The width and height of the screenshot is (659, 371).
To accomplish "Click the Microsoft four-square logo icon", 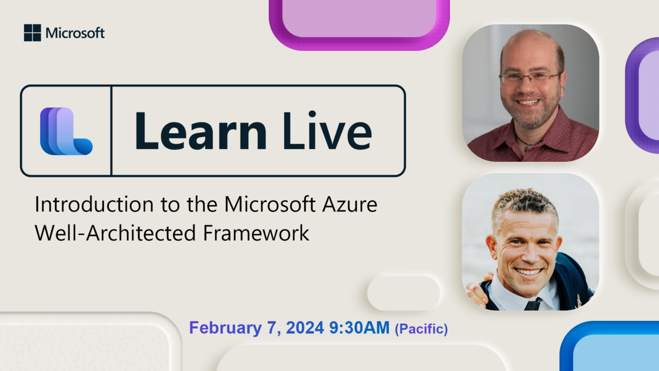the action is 32,33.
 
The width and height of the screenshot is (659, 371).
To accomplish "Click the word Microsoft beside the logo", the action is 75,33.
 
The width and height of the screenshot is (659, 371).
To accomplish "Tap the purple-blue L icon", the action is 66,131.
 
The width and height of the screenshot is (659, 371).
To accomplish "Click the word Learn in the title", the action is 201,130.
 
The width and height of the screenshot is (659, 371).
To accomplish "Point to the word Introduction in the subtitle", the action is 94,204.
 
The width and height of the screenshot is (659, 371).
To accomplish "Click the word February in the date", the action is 225,327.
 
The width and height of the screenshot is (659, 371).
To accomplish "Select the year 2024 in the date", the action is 305,327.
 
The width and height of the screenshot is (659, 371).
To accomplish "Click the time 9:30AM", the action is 360,327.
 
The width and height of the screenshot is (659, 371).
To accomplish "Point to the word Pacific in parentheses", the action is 421,329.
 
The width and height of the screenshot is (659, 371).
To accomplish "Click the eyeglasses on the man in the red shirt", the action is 530,77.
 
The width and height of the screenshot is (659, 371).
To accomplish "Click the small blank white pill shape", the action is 404,293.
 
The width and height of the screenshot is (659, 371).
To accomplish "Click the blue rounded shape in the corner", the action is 610,346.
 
